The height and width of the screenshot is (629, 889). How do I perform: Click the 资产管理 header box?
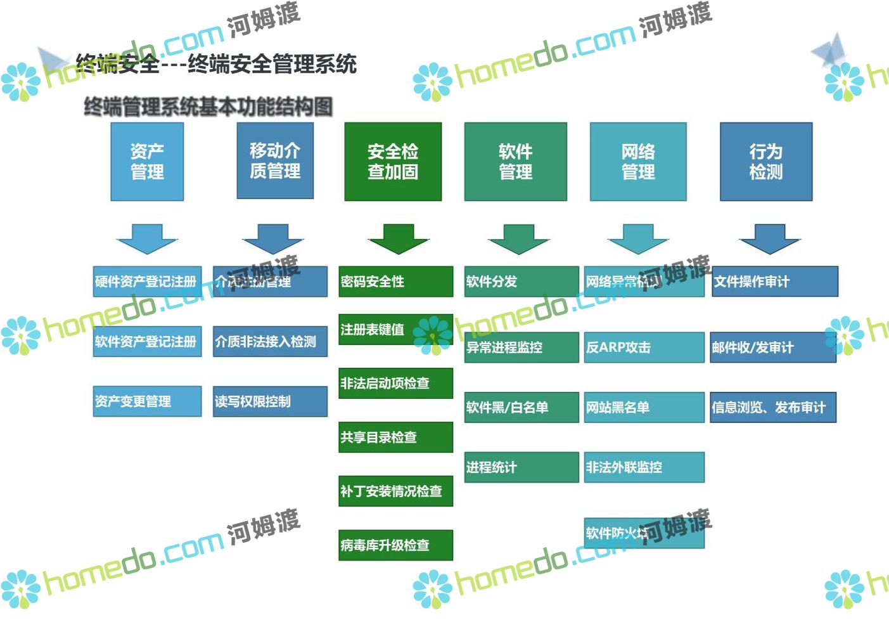click(x=147, y=162)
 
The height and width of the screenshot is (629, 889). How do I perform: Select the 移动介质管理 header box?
click(x=275, y=161)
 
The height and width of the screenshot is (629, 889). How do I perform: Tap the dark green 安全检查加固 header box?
click(x=393, y=162)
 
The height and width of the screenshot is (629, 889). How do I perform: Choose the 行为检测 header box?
click(x=766, y=162)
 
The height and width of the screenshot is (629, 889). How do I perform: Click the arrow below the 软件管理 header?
click(x=518, y=238)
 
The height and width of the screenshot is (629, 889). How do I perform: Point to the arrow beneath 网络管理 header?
click(x=638, y=238)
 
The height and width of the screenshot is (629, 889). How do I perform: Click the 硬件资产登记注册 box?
click(x=147, y=282)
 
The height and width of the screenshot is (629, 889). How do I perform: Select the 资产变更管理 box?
click(x=147, y=401)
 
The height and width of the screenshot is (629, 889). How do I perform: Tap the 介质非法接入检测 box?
click(x=270, y=342)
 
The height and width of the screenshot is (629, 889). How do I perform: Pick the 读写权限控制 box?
click(x=270, y=401)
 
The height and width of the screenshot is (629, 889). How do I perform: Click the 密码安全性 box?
click(x=396, y=282)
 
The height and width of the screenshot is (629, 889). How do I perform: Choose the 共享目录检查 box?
click(x=396, y=437)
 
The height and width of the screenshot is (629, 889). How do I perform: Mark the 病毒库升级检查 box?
click(x=396, y=545)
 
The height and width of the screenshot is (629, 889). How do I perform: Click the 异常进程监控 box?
click(x=521, y=347)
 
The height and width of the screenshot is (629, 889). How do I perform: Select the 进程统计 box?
click(x=521, y=467)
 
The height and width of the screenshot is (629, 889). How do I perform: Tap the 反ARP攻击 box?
click(x=644, y=347)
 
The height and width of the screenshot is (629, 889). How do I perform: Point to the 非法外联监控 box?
click(x=644, y=467)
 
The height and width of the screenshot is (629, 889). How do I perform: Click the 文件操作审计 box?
click(x=775, y=282)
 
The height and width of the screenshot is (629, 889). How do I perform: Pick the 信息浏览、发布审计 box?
click(x=773, y=407)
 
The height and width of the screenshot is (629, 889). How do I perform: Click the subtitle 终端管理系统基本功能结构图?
click(x=208, y=107)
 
